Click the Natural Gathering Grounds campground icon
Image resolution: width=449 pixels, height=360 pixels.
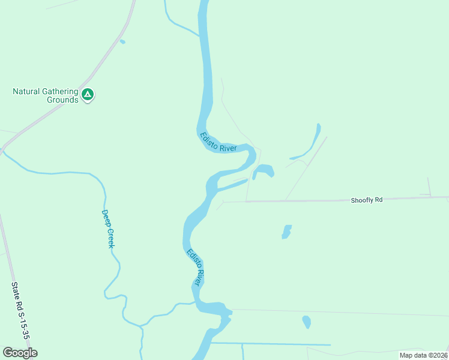pyautogui.click(x=88, y=94)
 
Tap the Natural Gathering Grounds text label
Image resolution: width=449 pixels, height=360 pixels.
pyautogui.click(x=46, y=95)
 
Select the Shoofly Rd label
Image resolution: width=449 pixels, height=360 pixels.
pyautogui.click(x=366, y=200)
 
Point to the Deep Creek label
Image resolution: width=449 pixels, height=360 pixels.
pyautogui.click(x=107, y=229)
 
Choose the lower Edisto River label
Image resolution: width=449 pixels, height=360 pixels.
pyautogui.click(x=196, y=266)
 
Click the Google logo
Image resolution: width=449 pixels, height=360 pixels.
pyautogui.click(x=20, y=353)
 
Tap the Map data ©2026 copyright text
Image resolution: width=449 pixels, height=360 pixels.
pyautogui.click(x=424, y=355)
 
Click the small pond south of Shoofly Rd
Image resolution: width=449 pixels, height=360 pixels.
pyautogui.click(x=286, y=232)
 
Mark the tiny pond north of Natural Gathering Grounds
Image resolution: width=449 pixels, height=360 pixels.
pyautogui.click(x=122, y=41)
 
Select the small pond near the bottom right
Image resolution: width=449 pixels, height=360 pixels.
pyautogui.click(x=307, y=322)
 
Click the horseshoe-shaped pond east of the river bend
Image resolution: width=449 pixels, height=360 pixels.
pyautogui.click(x=264, y=170)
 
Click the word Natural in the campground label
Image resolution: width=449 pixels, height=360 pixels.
pyautogui.click(x=28, y=92)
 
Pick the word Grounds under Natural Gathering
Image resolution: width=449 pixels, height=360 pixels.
pyautogui.click(x=62, y=100)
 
